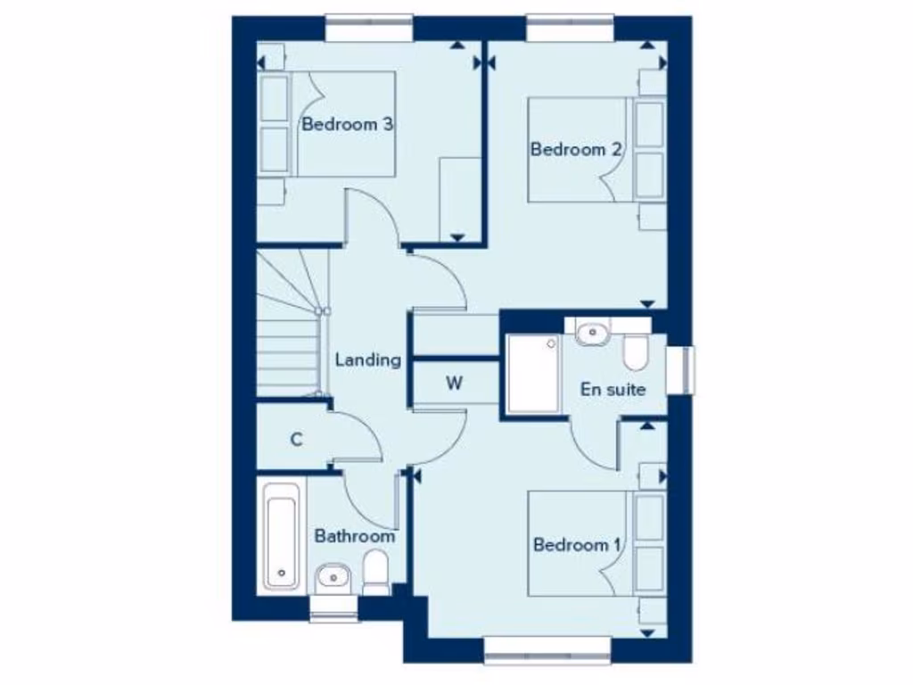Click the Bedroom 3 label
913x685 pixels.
348,124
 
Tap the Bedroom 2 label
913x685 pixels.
576,149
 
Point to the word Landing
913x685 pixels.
368,360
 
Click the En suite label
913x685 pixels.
613,389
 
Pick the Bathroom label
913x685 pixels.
354,537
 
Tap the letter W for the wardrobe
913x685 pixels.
455,384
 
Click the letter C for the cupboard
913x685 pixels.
297,439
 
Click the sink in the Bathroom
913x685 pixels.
333,575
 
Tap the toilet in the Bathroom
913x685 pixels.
376,571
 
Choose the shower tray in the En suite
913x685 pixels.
533,373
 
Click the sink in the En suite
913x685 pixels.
591,334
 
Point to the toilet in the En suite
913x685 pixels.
636,352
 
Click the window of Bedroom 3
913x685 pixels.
368,27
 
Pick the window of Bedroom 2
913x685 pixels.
570,27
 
